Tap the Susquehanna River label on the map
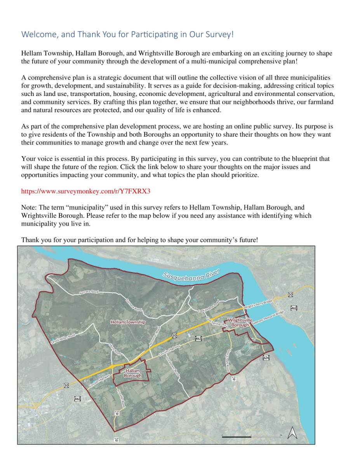click(x=191, y=275)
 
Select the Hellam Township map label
click(x=128, y=322)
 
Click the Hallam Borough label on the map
click(x=133, y=373)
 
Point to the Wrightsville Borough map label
click(x=240, y=322)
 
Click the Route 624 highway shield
click(x=266, y=357)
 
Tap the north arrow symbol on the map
click(x=292, y=433)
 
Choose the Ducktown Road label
click(x=173, y=367)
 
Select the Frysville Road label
click(x=121, y=398)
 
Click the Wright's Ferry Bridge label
click(x=258, y=304)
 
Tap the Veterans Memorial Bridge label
click(x=268, y=317)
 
